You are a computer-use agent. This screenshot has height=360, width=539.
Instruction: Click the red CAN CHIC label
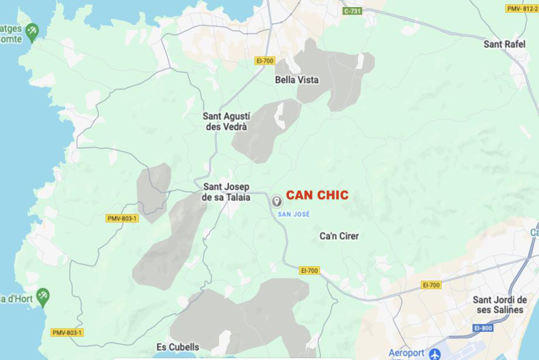point(317,195)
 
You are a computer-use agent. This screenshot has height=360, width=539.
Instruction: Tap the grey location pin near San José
point(277,202)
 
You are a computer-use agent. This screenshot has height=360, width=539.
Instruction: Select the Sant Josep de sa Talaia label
point(226,192)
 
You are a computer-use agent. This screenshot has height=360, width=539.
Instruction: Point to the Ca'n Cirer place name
point(339,236)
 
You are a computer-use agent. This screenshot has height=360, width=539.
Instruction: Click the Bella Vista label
point(297,80)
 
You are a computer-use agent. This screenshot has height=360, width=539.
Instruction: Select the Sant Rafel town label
point(504,44)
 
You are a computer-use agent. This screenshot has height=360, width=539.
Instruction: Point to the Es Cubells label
point(178,347)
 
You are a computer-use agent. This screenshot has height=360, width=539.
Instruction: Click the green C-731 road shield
point(353,11)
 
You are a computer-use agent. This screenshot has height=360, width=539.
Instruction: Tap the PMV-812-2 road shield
point(521,9)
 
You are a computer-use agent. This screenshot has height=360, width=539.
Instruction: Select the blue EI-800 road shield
point(483,328)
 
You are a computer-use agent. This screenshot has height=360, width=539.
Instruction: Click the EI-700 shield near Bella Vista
point(265,60)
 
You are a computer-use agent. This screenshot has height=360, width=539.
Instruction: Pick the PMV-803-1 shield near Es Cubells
point(67,332)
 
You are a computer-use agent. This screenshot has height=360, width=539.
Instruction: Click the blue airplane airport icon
point(434,354)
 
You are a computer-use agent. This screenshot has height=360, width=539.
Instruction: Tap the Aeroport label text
point(406,353)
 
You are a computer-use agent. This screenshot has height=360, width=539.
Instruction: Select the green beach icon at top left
point(32,30)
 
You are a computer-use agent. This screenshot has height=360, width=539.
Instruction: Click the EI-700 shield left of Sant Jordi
point(431,285)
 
